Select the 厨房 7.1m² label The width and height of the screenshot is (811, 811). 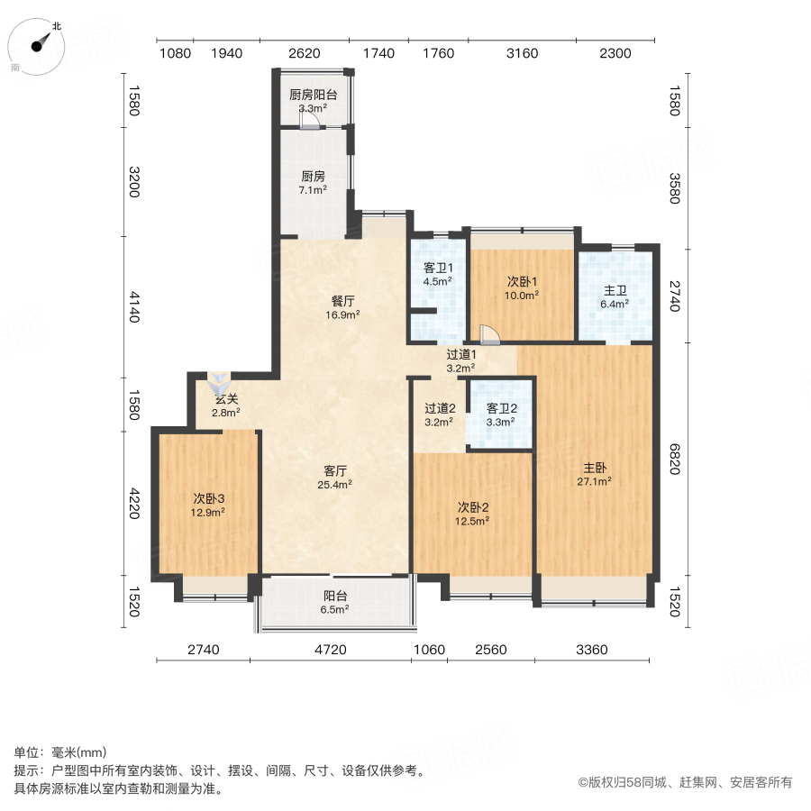pyautogui.click(x=313, y=183)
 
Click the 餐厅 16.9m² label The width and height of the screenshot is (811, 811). pyautogui.click(x=342, y=308)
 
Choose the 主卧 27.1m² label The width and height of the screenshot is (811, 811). pyautogui.click(x=595, y=474)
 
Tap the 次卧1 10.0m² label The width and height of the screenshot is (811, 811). pyautogui.click(x=522, y=287)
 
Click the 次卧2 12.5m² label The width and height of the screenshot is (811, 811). pyautogui.click(x=472, y=513)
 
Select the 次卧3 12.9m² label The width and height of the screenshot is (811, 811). pyautogui.click(x=207, y=505)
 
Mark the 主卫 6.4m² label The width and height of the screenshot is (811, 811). pyautogui.click(x=615, y=296)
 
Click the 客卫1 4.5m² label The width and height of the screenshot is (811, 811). pyautogui.click(x=438, y=273)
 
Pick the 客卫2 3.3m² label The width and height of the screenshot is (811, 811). pyautogui.click(x=500, y=414)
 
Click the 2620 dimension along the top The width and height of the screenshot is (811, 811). pyautogui.click(x=304, y=53)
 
